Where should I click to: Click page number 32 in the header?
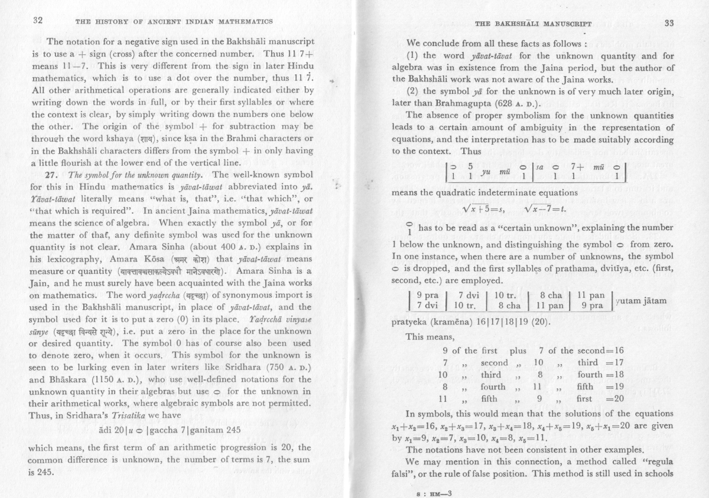[x=38, y=21]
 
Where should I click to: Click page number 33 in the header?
[x=669, y=23]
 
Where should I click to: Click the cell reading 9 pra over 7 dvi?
[x=427, y=300]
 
